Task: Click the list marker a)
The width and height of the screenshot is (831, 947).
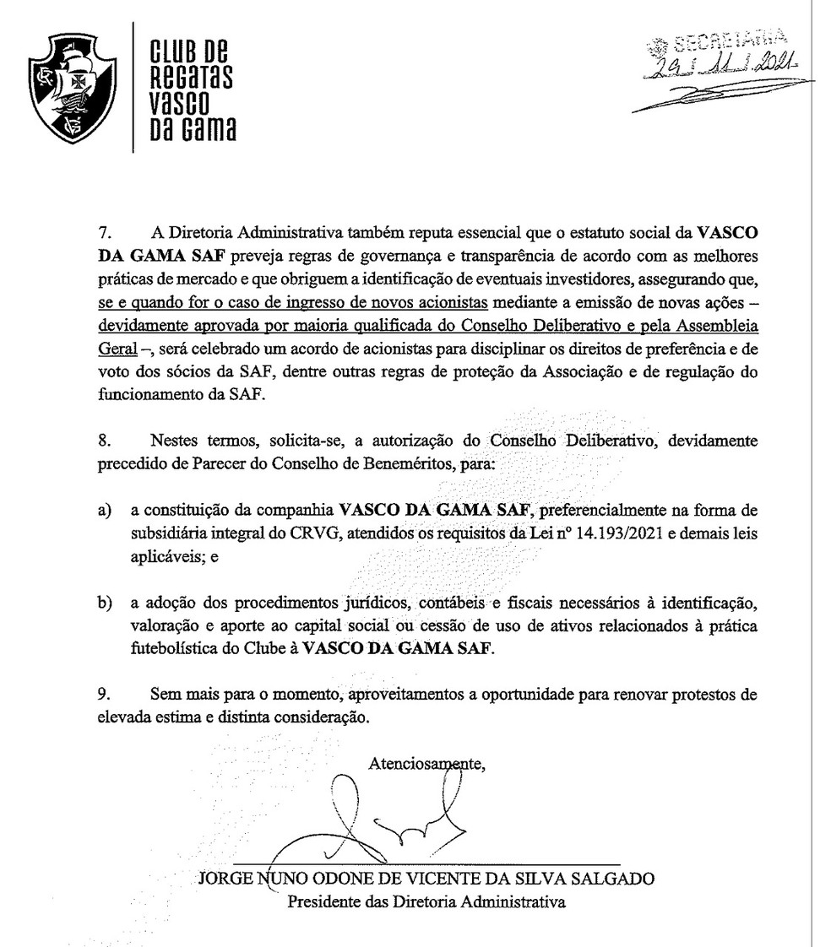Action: [105, 510]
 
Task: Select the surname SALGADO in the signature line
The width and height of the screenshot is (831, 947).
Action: [611, 878]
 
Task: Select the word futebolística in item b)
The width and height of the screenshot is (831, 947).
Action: [174, 650]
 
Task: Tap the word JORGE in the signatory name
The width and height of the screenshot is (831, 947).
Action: [224, 878]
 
